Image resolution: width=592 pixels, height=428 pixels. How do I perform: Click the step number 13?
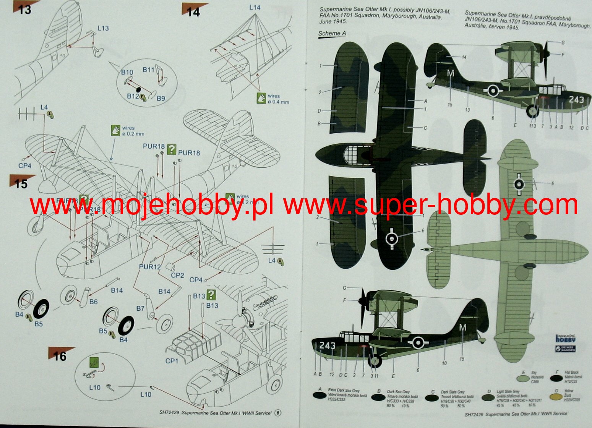24,9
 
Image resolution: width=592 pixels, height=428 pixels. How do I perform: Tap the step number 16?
60,357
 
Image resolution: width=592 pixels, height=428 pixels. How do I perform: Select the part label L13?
103,28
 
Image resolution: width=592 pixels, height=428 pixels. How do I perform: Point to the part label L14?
255,7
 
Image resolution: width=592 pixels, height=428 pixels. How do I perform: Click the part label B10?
127,72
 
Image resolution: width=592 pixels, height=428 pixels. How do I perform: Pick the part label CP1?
172,361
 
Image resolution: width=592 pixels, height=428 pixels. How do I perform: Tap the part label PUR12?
150,267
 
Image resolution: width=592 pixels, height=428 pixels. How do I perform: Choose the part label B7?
140,308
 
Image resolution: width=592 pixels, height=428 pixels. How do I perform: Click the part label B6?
93,302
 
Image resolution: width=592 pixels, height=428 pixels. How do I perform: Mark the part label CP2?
177,275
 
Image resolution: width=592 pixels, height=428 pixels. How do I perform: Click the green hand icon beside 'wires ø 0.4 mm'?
262,98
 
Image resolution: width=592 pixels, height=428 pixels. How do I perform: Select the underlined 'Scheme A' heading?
332,33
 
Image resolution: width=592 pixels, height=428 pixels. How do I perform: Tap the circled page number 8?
278,413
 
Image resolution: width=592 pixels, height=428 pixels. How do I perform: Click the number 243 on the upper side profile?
576,99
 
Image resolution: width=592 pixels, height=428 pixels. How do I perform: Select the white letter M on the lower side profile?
462,327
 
